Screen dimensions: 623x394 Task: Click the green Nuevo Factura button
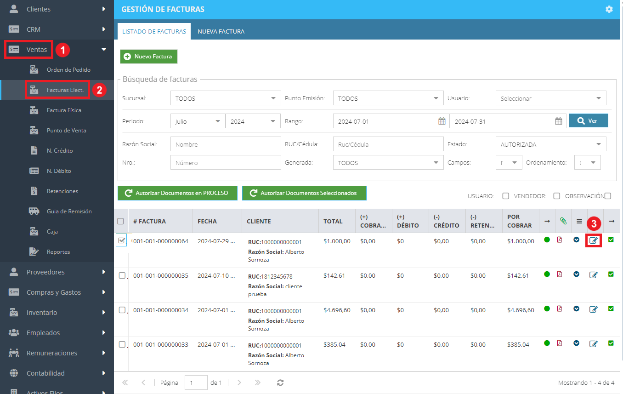click(x=149, y=57)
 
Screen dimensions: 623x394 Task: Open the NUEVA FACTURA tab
click(x=221, y=31)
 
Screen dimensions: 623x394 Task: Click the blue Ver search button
click(x=588, y=121)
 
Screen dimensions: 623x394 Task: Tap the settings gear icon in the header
click(x=609, y=9)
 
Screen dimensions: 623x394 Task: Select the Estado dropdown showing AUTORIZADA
click(x=551, y=144)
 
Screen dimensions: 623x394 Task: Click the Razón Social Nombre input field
click(x=226, y=144)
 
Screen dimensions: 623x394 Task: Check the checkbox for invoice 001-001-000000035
click(x=122, y=275)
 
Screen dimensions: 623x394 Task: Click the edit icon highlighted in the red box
click(x=593, y=240)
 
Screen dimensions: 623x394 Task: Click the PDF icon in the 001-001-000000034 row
click(x=559, y=309)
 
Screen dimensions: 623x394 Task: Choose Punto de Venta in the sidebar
click(x=66, y=131)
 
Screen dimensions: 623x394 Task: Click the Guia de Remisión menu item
click(x=69, y=211)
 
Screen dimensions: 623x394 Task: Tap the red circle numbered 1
click(x=62, y=50)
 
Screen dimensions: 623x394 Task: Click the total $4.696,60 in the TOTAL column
click(x=337, y=310)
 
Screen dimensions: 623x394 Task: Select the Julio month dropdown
click(x=198, y=121)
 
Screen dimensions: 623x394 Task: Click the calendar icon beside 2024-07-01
click(x=442, y=121)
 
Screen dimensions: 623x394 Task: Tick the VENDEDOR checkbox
click(x=556, y=196)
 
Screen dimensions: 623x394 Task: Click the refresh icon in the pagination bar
click(x=280, y=383)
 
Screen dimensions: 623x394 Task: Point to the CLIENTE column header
click(x=259, y=222)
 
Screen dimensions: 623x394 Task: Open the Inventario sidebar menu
click(x=42, y=313)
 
